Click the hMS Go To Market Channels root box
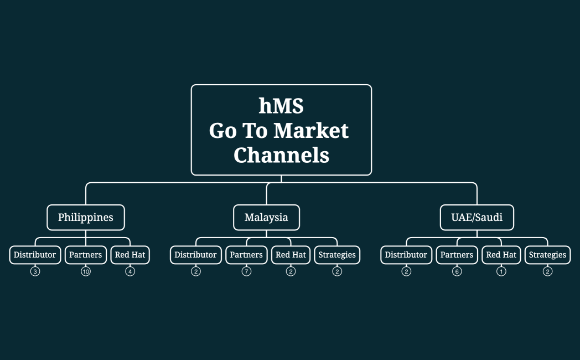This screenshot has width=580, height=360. pos(281,130)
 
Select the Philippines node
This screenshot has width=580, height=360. pos(86,217)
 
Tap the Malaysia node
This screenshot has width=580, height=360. pos(266,217)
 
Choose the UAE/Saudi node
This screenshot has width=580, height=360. pos(477,217)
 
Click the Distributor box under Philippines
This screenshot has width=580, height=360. pos(35,255)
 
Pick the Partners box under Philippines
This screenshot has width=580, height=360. pos(86,255)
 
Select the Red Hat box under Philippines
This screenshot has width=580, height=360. pos(130,255)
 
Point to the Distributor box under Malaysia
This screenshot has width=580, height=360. pos(195,255)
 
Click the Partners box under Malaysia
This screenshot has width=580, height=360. pos(246,255)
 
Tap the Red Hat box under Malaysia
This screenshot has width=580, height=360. pos(291,255)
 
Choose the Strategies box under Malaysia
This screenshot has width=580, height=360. pos(337,255)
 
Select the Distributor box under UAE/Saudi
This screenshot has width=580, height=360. pos(406,255)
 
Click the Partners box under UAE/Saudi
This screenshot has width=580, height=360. pos(457,255)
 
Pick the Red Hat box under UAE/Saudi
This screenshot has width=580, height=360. pos(501,255)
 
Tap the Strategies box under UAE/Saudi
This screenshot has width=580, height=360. pos(547,255)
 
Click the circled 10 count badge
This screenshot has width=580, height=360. pos(86,271)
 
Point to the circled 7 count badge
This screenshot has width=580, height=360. pos(246,271)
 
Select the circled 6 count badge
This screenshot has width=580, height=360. pos(457,271)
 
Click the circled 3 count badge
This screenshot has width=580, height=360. pos(35,271)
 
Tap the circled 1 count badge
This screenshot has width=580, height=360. pos(501,271)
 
